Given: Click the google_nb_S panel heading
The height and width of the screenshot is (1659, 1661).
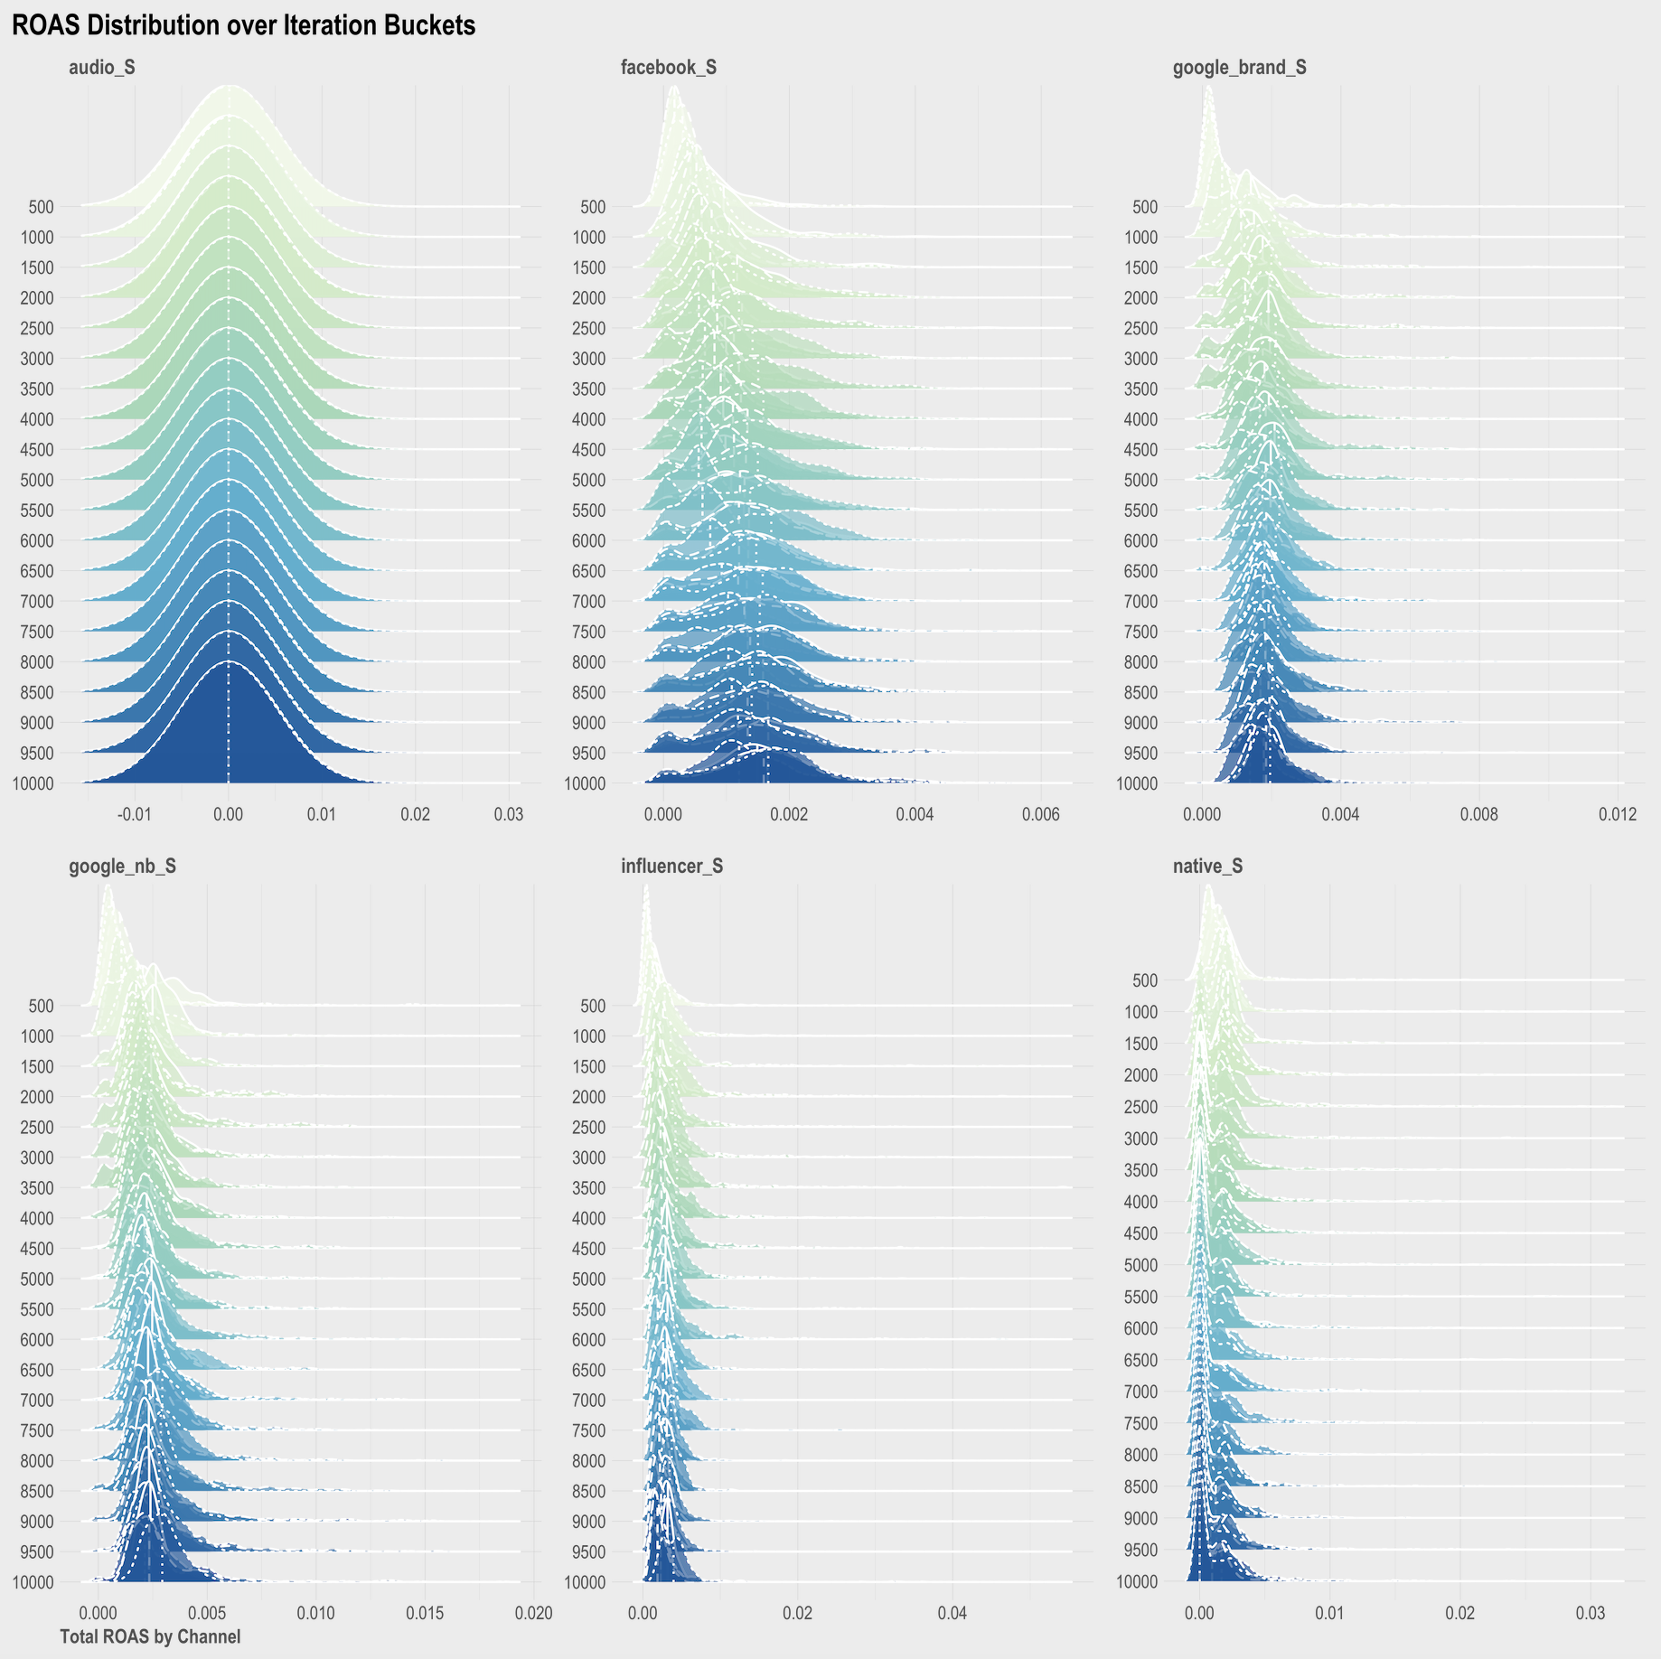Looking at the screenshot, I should (122, 866).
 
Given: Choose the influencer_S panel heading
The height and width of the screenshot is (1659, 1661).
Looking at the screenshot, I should (671, 866).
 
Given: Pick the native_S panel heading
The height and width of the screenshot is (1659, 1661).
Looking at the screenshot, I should (1207, 866).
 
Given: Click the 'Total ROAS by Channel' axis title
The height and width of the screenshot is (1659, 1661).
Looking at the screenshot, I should (150, 1636).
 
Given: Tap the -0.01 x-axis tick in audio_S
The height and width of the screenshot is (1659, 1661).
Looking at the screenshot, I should (134, 814).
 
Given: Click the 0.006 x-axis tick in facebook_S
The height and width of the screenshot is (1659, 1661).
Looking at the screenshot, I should (1040, 814).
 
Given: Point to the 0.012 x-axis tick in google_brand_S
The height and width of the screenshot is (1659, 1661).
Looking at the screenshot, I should (1618, 814).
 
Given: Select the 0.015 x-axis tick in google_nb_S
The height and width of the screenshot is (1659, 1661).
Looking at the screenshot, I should (425, 1613).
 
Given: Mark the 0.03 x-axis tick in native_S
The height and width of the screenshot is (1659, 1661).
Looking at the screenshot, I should (1591, 1613).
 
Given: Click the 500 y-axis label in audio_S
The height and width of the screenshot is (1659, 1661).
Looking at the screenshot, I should (41, 206).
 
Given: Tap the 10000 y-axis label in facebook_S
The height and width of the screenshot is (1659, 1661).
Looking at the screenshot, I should (585, 783).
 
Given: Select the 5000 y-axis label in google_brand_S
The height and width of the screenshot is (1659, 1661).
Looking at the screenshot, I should (1140, 480).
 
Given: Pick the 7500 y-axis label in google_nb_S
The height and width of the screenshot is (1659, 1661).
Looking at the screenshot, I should (36, 1430).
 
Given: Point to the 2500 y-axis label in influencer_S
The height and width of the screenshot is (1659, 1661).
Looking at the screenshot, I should (588, 1127).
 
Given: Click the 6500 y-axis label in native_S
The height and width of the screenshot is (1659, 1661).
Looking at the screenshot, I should (1140, 1360).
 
